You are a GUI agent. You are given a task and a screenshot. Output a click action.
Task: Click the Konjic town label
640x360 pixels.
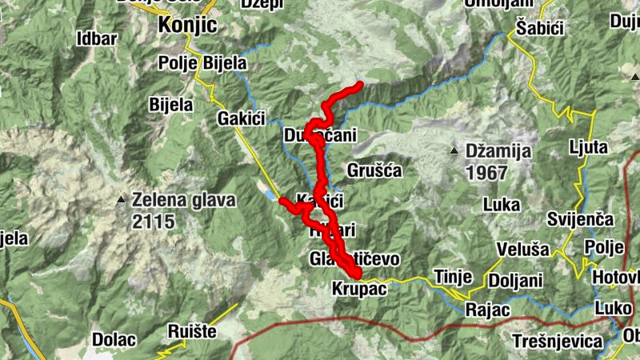pyautogui.click(x=188, y=25)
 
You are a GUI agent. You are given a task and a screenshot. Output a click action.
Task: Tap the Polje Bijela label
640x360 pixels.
pyautogui.click(x=202, y=63)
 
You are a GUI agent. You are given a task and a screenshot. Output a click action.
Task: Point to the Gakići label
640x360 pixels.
pyautogui.click(x=240, y=118)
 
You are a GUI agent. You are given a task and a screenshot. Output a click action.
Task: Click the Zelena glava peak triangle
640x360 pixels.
pyautogui.click(x=121, y=199)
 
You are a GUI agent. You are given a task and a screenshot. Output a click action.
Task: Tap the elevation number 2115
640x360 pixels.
pyautogui.click(x=154, y=222)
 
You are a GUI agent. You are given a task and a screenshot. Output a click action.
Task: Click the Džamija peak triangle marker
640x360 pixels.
pyautogui.click(x=454, y=150)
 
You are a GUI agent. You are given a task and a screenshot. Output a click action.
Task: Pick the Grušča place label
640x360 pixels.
pyautogui.click(x=374, y=170)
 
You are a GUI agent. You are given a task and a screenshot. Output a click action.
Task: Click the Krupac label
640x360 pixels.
pyautogui.click(x=358, y=288)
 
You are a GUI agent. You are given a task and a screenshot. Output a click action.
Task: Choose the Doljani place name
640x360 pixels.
pyautogui.click(x=516, y=281)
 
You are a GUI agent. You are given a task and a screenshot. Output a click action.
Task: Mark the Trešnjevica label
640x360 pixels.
pyautogui.click(x=558, y=342)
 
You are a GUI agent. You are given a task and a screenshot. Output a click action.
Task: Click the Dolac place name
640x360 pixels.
pyautogui.click(x=114, y=338)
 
